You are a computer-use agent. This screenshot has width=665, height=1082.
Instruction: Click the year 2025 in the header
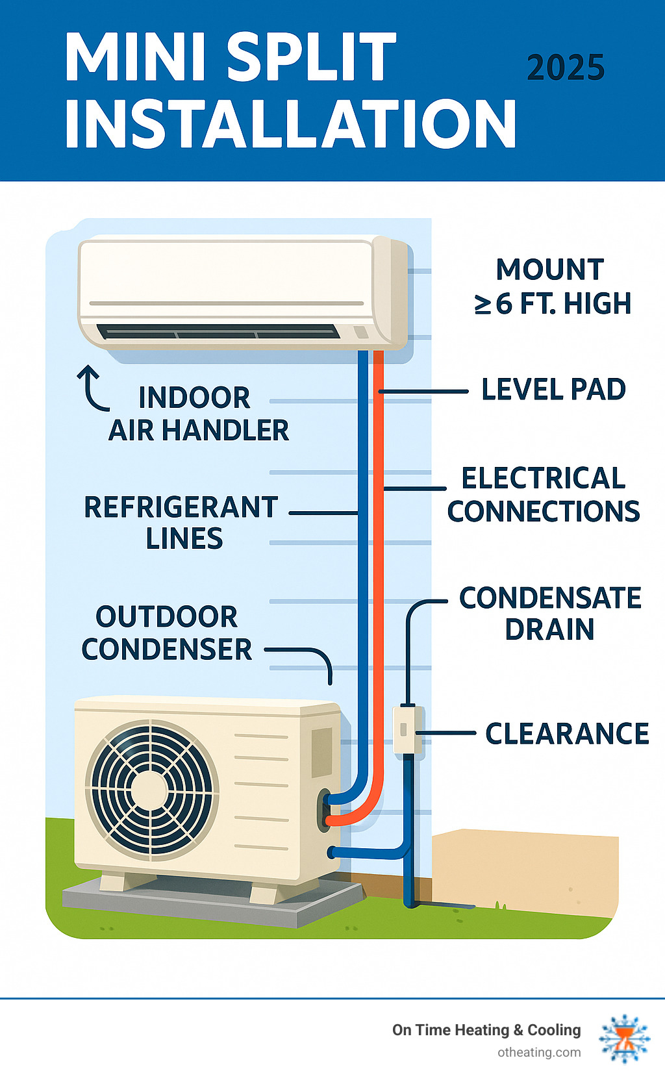565,68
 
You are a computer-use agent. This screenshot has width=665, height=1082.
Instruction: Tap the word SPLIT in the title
312,57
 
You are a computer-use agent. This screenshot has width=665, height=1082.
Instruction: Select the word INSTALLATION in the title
290,124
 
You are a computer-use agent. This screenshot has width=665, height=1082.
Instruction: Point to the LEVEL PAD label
553,390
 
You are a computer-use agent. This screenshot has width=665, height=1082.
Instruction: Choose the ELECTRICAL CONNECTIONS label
544,495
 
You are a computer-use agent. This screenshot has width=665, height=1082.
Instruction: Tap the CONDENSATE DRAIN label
549,614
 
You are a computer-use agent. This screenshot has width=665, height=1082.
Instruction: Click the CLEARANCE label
567,734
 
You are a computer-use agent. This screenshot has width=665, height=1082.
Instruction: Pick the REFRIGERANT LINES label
182,523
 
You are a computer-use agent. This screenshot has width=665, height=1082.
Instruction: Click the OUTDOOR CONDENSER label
167,633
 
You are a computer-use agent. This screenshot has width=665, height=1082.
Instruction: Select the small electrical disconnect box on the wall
408,730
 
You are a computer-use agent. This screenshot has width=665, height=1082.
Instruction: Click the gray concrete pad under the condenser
214,903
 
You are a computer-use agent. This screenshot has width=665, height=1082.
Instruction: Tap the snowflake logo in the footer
625,1038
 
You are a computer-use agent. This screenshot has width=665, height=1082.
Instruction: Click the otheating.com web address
539,1053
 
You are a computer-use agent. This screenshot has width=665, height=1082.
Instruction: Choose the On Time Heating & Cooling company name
486,1030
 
